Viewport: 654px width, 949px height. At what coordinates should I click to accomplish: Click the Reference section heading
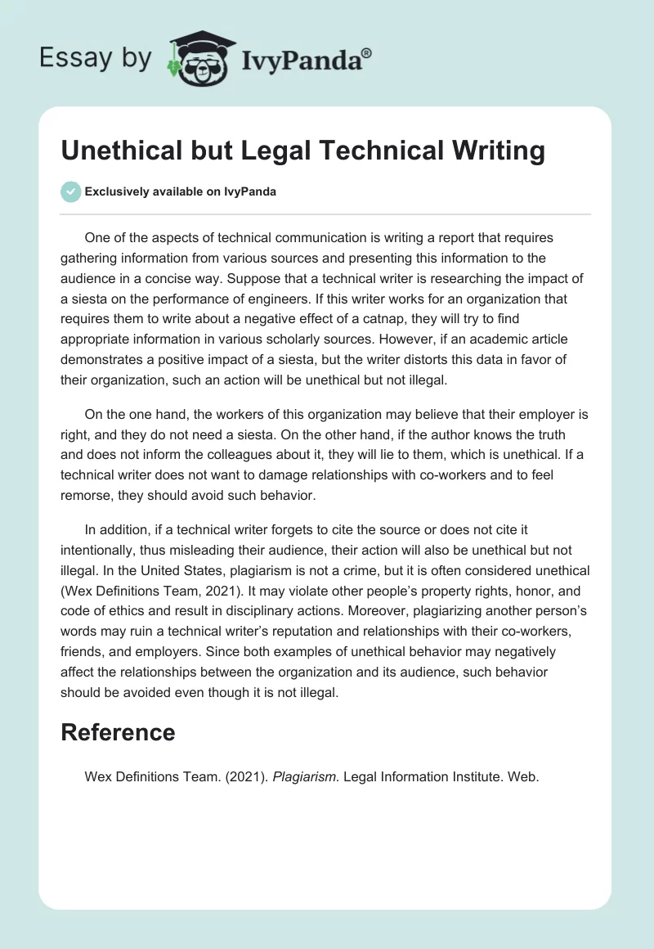coord(118,732)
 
